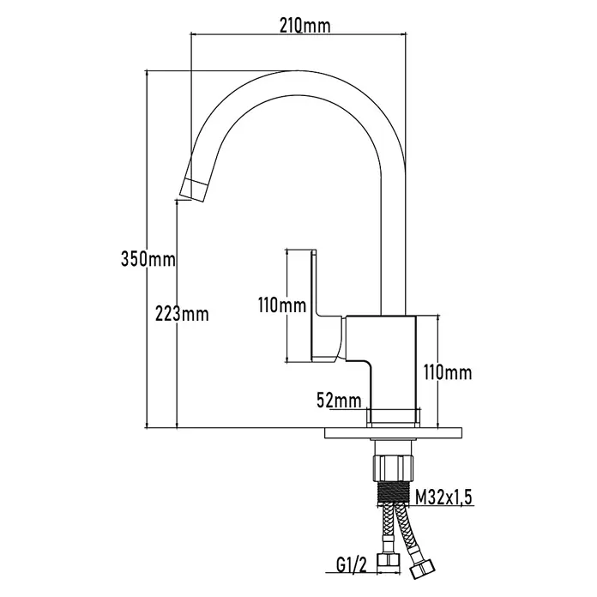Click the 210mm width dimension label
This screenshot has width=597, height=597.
pyautogui.click(x=305, y=26)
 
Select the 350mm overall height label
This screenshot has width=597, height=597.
pyautogui.click(x=148, y=259)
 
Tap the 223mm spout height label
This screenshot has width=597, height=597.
pyautogui.click(x=182, y=314)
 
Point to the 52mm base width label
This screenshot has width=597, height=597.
pyautogui.click(x=339, y=401)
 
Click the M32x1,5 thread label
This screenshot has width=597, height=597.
pyautogui.click(x=443, y=497)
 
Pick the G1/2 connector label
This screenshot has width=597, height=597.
pyautogui.click(x=351, y=565)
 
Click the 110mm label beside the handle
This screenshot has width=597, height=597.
pyautogui.click(x=282, y=305)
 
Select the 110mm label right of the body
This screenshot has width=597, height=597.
pyautogui.click(x=448, y=372)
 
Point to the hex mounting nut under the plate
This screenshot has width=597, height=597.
pyautogui.click(x=392, y=466)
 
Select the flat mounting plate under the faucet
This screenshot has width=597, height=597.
pyautogui.click(x=393, y=433)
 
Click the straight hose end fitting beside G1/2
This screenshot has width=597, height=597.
pyautogui.click(x=389, y=559)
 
